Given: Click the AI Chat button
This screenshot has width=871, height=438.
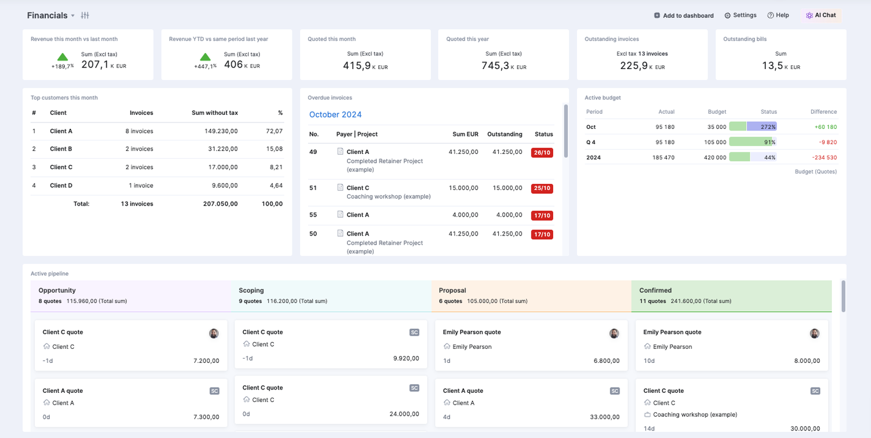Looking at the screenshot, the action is coord(821,16).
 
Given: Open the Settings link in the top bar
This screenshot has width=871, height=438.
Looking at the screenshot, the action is coord(740,15).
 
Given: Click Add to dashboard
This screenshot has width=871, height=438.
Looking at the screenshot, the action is coord(684,16).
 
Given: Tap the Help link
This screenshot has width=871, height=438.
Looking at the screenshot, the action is coord(778,15).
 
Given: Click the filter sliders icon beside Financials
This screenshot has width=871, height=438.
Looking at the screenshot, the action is coord(85,16).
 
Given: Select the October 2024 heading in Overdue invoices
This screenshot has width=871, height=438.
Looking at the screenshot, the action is coord(335,115).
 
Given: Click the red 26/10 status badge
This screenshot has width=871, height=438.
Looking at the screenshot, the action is coord(542,152).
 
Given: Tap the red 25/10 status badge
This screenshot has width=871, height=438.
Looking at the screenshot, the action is coord(542,188).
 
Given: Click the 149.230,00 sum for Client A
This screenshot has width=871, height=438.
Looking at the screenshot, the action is coord(221,131).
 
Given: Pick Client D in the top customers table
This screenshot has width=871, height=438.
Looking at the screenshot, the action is coord(61,186).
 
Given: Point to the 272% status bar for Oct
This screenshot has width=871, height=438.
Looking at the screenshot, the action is coord(753,127).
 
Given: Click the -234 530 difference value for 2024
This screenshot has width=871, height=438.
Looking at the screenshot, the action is coord(824,157).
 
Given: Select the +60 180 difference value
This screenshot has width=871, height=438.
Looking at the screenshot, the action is coord(825,127).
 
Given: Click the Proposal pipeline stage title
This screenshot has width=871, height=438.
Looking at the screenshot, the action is coord(452,291).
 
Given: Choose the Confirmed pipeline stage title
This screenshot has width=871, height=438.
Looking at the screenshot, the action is coord(655,291).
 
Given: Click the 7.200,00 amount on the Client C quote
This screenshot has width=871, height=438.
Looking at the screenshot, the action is coord(206,361).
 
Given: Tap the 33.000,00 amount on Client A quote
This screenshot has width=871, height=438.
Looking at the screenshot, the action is coord(605,417).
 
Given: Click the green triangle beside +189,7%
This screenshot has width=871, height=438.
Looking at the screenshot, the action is coord(63,57).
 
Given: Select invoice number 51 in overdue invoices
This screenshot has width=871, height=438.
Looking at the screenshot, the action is coord(313,188).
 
